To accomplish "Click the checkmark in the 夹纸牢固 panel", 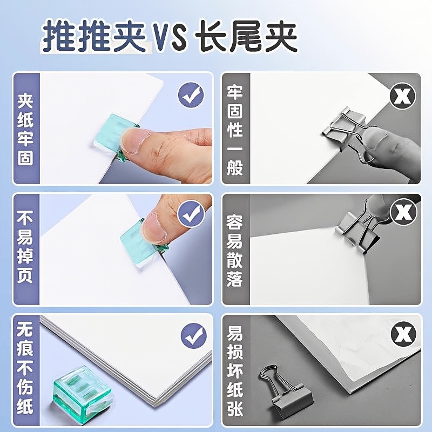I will (192, 97).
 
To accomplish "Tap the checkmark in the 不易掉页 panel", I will (192, 214).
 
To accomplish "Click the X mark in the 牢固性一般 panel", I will (403, 97).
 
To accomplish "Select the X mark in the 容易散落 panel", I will (403, 212).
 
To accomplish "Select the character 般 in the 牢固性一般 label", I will (235, 167).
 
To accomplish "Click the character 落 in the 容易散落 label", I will (235, 279).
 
